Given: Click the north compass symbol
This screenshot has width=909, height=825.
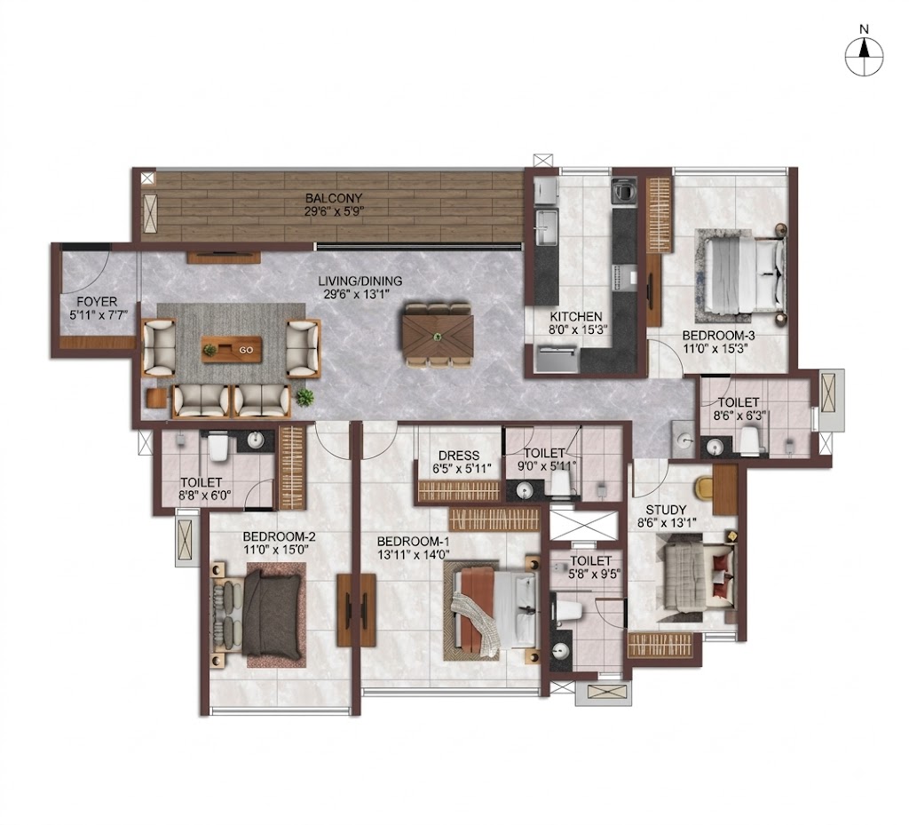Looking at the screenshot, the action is (x=864, y=56).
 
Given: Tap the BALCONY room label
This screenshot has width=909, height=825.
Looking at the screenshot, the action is (x=334, y=198).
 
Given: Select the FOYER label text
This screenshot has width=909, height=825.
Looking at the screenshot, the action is (x=97, y=301).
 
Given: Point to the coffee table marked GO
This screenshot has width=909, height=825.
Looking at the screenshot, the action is (x=232, y=350).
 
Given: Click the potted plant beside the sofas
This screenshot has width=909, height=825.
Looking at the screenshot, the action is (x=304, y=397).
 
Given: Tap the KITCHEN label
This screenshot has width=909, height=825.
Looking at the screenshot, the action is (x=575, y=316).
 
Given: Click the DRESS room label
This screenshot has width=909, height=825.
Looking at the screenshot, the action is (x=459, y=456).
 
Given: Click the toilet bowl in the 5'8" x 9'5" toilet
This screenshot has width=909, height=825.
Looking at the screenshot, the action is (x=568, y=610).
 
